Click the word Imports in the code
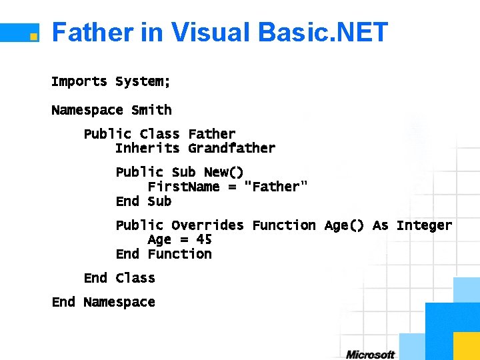pos(79,81)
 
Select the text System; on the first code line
pos(143,81)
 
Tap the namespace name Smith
pos(151,110)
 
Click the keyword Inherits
pos(147,148)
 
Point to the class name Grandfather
pos(231,148)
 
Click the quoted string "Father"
pos(276,187)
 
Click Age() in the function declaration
pos(344,225)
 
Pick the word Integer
pos(424,225)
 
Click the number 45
pos(203,239)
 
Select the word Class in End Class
pos(135,278)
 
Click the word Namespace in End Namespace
pos(119,302)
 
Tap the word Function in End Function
pos(179,254)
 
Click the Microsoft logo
pos(370,354)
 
